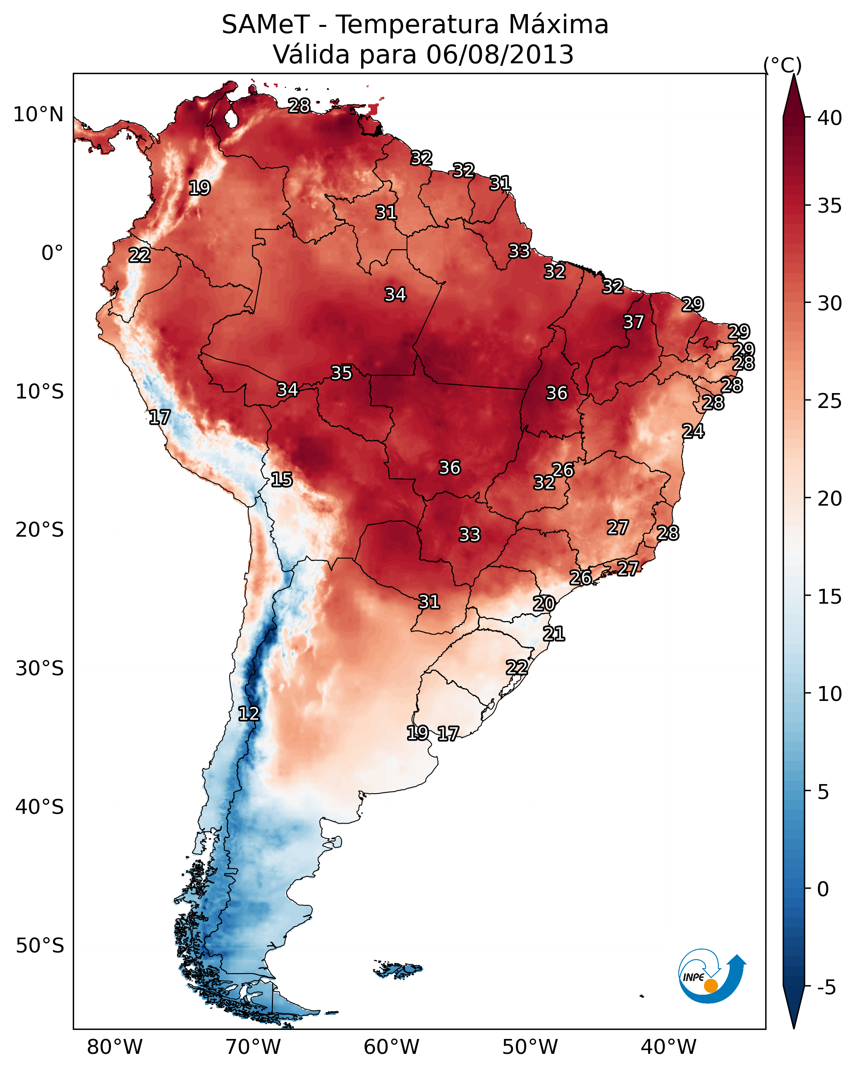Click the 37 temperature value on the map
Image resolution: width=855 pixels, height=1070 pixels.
[633, 322]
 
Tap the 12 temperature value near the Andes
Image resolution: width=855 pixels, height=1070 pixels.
[249, 714]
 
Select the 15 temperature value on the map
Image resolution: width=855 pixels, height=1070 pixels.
[281, 480]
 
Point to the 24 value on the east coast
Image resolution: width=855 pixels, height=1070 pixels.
[693, 431]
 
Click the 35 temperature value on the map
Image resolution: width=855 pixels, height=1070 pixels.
[341, 373]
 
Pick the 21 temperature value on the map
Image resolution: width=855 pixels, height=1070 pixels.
[554, 634]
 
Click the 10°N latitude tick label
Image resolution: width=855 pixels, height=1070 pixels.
[38, 115]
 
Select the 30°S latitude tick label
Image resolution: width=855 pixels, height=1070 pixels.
[40, 669]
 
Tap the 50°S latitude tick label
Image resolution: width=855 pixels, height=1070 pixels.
[40, 946]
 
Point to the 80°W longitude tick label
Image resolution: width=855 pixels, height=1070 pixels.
[115, 1047]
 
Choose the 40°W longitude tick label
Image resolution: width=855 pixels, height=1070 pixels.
[668, 1047]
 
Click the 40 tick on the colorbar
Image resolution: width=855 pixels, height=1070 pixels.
[830, 118]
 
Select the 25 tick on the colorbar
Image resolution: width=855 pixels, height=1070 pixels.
[830, 401]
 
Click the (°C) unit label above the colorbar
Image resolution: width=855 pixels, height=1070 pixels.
[783, 65]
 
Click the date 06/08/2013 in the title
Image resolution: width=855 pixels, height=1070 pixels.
[500, 55]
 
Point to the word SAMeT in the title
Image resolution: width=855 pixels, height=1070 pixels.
[266, 25]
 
